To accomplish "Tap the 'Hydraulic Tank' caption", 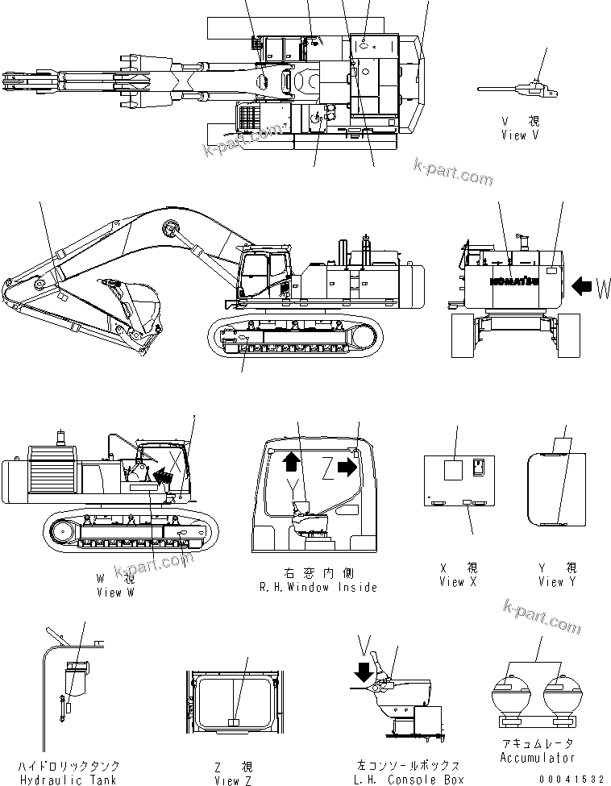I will click(x=81, y=779).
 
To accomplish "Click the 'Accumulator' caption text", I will click(x=537, y=757).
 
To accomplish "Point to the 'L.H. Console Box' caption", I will click(x=409, y=779).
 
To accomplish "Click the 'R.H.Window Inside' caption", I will click(x=318, y=587).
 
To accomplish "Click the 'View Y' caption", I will click(x=557, y=581).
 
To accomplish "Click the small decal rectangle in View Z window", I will click(x=234, y=722).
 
